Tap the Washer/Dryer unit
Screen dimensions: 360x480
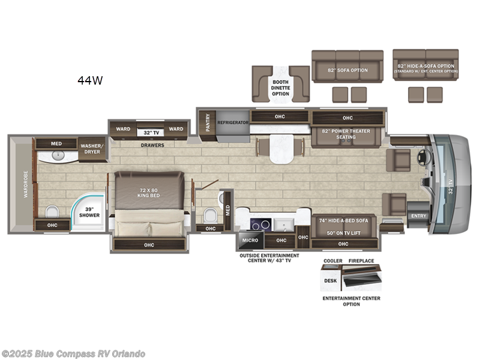pyautogui.click(x=93, y=148)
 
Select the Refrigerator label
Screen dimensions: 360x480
pyautogui.click(x=233, y=122)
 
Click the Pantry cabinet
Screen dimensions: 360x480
pyautogui.click(x=208, y=122)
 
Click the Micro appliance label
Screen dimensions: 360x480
pyautogui.click(x=250, y=240)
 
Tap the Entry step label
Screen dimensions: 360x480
pyautogui.click(x=418, y=215)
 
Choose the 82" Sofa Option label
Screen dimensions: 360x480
pyautogui.click(x=347, y=70)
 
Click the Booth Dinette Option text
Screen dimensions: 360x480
pyautogui.click(x=280, y=87)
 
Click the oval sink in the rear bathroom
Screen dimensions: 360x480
pyautogui.click(x=58, y=155)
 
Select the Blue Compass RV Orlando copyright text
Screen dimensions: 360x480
pyautogui.click(x=74, y=354)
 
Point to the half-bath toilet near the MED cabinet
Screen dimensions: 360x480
pyautogui.click(x=210, y=215)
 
